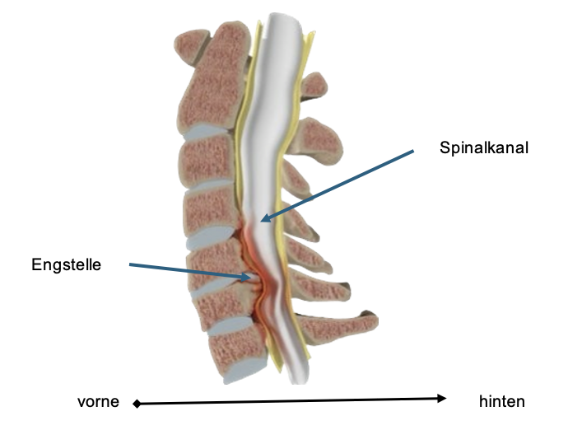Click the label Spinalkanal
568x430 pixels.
point(484,148)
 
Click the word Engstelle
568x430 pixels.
point(66,264)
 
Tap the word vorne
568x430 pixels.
point(98,402)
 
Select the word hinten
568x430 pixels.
point(501,402)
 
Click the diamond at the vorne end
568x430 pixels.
point(137,404)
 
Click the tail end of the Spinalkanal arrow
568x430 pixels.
point(413,151)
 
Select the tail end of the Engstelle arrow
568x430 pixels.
point(130,265)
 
